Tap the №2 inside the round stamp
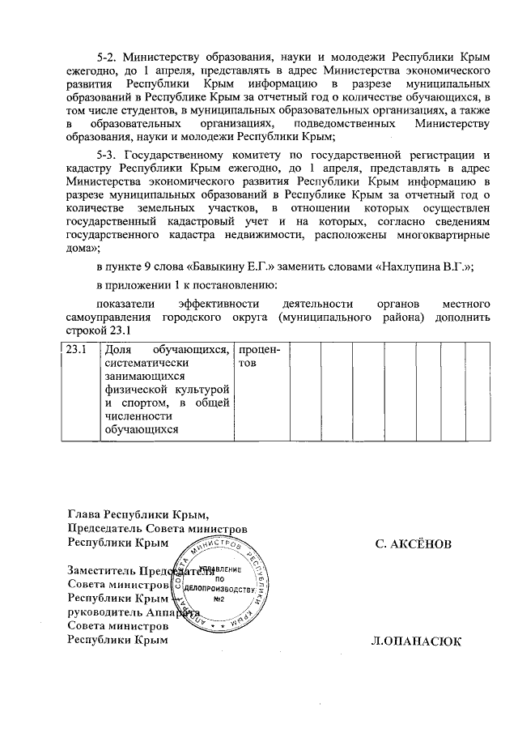218,600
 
